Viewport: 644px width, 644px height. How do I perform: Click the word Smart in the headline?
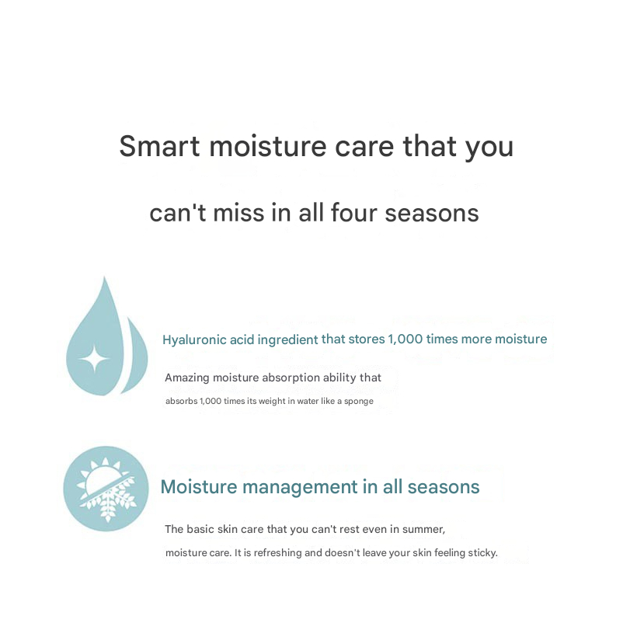pos(159,146)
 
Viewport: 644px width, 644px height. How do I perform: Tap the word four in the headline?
pos(353,213)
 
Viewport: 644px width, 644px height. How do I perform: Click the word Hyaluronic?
pos(194,340)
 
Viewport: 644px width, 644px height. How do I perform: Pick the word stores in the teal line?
pos(367,339)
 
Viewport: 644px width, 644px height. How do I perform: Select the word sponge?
pos(359,402)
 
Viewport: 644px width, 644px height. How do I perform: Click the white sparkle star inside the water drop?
pos(94,360)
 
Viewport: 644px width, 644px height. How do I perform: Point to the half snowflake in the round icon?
pos(110,500)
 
